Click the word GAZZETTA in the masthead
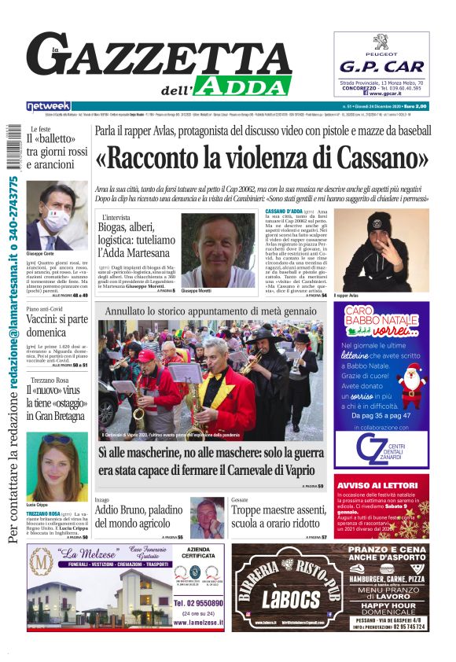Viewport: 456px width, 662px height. [157, 61]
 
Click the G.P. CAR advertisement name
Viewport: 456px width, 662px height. [381, 67]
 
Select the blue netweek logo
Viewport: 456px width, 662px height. [49, 106]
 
